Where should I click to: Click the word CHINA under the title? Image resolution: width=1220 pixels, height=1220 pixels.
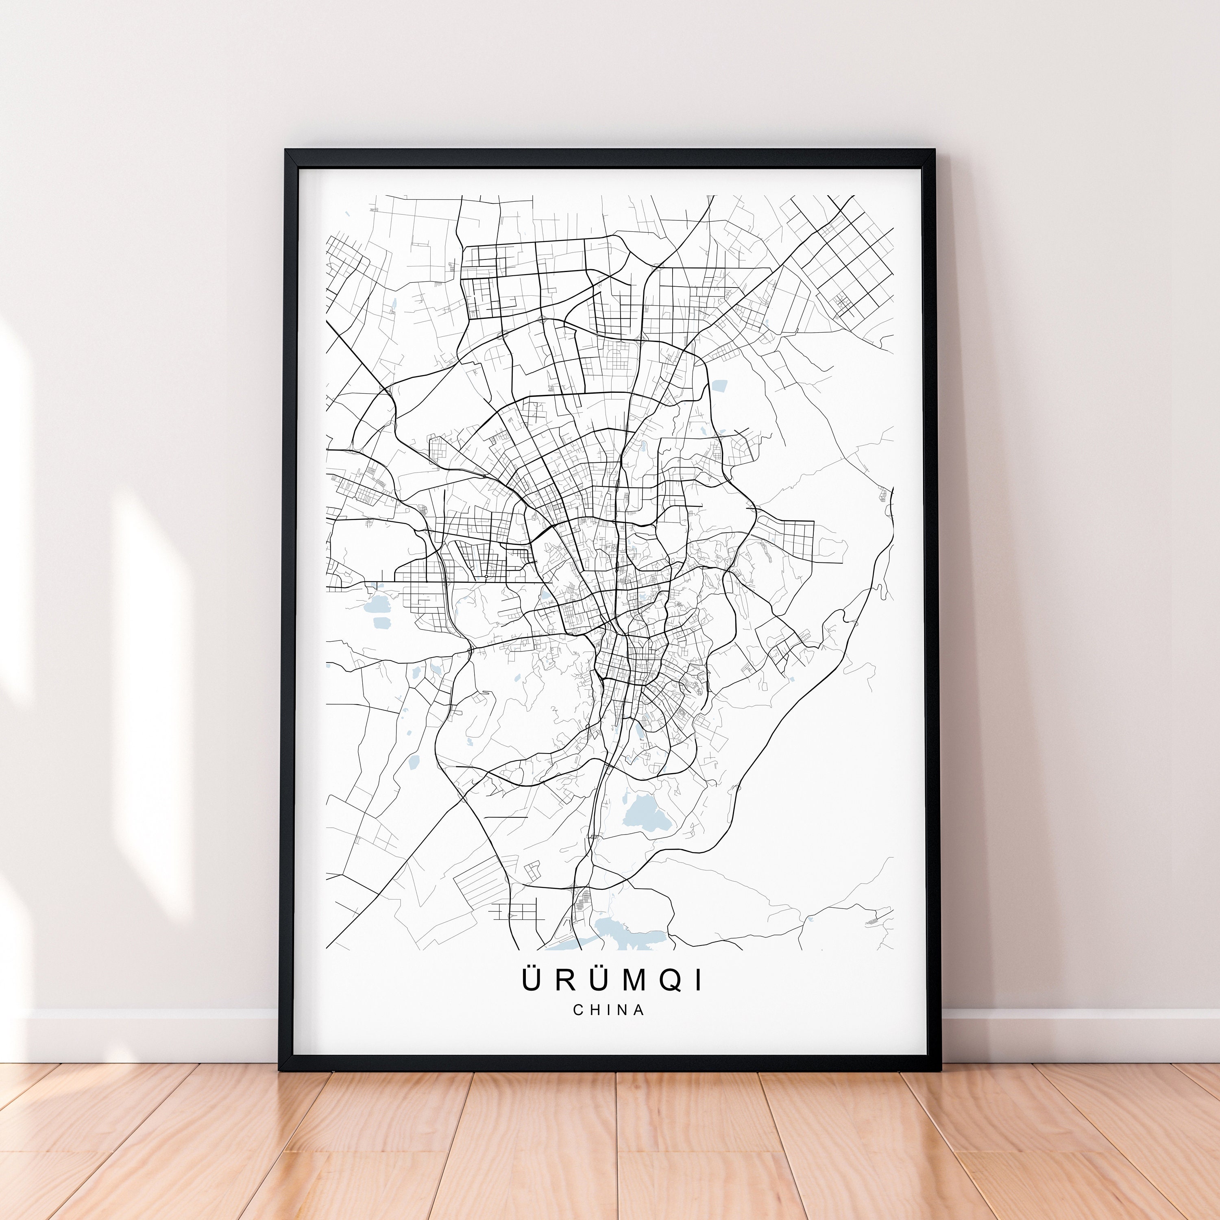[x=609, y=1010]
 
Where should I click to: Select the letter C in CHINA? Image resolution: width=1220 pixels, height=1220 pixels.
[x=578, y=1010]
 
